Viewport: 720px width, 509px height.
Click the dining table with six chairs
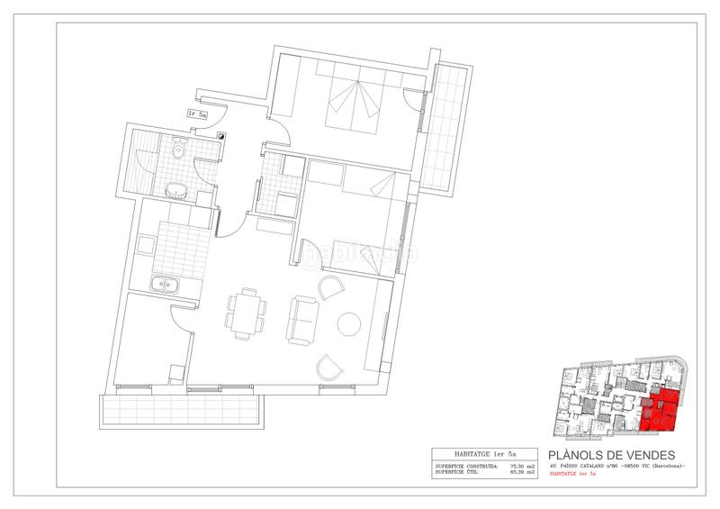[x=244, y=313]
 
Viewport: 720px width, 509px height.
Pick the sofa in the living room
[x=301, y=318]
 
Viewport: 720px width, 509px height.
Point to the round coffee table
[x=348, y=323]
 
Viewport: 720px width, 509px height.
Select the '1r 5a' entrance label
[x=198, y=114]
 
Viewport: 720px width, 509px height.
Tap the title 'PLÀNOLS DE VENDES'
[x=611, y=455]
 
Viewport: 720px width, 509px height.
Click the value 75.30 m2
[x=522, y=465]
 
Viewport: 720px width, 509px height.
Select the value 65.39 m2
[x=522, y=471]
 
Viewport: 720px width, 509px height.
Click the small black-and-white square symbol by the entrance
[x=220, y=133]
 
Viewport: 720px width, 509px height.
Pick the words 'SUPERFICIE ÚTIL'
[x=454, y=471]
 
